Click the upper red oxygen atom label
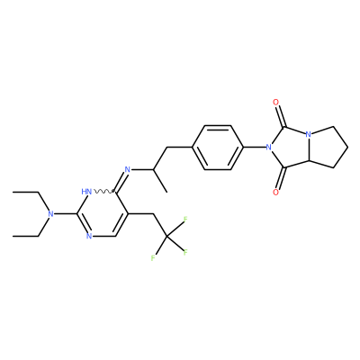[276, 103]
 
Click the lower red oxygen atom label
[276, 193]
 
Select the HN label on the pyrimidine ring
[86, 192]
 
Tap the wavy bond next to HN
[103, 192]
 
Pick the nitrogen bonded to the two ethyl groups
[51, 214]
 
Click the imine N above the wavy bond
[128, 169]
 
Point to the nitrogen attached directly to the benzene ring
[269, 148]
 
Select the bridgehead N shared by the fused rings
[308, 135]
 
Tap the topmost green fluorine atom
[185, 220]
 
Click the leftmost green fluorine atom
[153, 258]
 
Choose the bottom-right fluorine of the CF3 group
[185, 252]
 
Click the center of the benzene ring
[218, 148]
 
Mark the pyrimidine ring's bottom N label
[89, 236]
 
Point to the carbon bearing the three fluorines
[166, 237]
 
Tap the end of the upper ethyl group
[13, 192]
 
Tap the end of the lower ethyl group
[13, 236]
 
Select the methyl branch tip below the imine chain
[166, 192]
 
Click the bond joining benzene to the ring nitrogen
[255, 148]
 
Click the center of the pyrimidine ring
[102, 213]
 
